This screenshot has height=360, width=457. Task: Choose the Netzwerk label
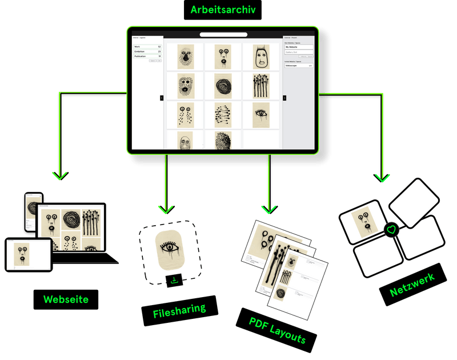click(x=411, y=285)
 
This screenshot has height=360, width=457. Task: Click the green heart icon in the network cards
click(x=391, y=230)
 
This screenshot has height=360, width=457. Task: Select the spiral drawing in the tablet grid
click(x=222, y=86)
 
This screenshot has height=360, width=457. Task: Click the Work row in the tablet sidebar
click(x=147, y=46)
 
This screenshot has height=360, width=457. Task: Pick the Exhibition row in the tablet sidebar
click(x=147, y=51)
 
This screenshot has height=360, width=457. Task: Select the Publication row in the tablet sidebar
click(x=147, y=57)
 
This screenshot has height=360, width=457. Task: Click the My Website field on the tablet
click(x=299, y=47)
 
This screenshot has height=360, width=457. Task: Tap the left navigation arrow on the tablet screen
click(x=162, y=98)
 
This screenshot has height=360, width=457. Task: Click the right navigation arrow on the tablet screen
click(x=284, y=98)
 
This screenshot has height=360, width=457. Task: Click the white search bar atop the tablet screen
click(x=223, y=35)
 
